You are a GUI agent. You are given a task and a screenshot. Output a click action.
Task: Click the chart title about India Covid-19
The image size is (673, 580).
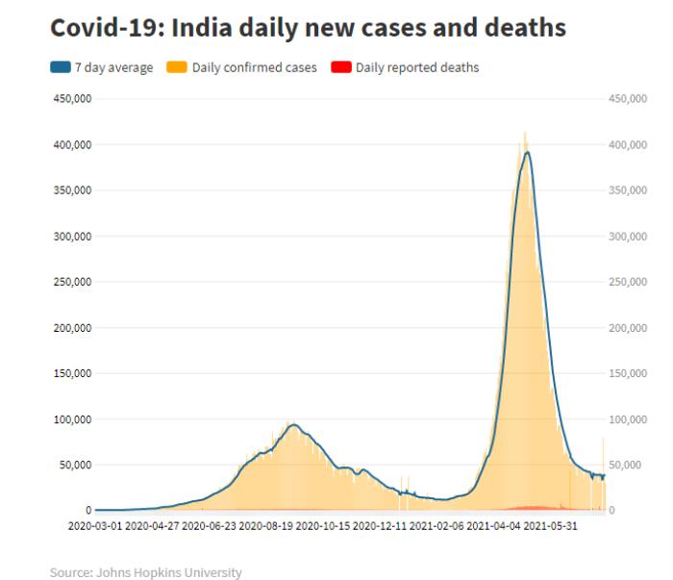(x=308, y=27)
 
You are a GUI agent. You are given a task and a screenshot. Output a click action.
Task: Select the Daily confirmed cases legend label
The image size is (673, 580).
(x=254, y=67)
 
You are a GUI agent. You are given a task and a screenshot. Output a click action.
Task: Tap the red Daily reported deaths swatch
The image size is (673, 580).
(x=339, y=67)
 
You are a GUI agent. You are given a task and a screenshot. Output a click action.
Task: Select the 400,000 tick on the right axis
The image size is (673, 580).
(x=628, y=144)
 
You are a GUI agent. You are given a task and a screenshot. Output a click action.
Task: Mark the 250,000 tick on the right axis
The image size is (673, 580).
(x=628, y=282)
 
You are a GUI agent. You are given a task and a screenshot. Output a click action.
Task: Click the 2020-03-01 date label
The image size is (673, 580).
(x=95, y=526)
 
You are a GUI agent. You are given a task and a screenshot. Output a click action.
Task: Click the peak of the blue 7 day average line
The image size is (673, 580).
(x=527, y=152)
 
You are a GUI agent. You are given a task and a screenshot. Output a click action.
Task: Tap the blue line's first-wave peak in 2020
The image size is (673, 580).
(x=293, y=424)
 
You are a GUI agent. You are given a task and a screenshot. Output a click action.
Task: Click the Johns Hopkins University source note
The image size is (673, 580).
(x=145, y=572)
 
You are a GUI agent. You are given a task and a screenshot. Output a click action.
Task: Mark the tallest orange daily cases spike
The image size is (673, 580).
(x=525, y=133)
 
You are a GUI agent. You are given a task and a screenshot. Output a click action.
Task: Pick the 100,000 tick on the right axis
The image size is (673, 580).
(x=628, y=419)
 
